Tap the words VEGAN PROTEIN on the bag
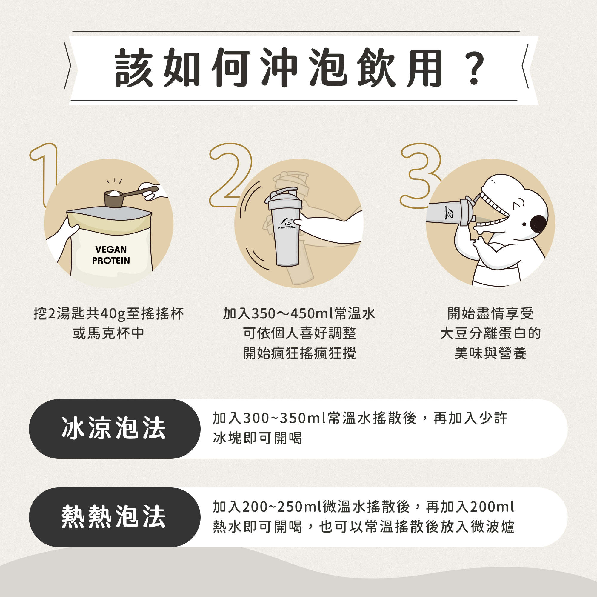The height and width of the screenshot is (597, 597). [x=111, y=255]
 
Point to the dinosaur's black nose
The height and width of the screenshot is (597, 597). [x=539, y=224]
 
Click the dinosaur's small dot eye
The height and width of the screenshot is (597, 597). [x=524, y=224]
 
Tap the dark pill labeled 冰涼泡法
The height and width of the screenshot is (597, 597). [x=115, y=429]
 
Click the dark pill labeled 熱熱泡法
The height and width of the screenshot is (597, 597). [x=115, y=517]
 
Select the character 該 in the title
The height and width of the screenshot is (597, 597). [x=134, y=68]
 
